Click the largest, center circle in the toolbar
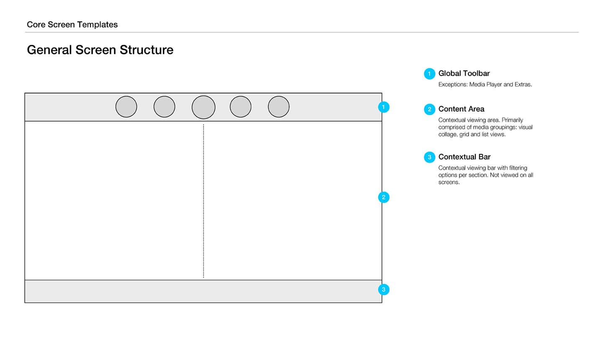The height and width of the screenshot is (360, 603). point(204,107)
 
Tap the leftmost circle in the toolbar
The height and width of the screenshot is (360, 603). point(126,107)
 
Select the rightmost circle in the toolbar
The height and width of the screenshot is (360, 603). point(278,107)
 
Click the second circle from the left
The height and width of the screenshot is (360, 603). point(164,107)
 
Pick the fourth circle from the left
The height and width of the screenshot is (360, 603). point(241,107)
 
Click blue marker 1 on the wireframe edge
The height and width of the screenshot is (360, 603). point(384,107)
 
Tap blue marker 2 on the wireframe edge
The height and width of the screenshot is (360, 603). point(384,197)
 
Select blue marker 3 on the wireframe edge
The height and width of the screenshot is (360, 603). point(384,290)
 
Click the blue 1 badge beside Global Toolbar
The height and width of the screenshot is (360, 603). point(429,74)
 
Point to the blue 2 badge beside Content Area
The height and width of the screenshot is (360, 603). point(429,109)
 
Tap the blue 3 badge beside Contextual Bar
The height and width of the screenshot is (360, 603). point(429,157)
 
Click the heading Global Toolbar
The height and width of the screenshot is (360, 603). point(464,73)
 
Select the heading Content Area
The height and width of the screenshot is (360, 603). point(461,109)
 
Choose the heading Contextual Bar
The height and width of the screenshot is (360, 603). point(464,157)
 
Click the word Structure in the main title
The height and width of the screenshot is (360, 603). point(147,50)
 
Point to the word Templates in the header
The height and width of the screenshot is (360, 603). point(97,25)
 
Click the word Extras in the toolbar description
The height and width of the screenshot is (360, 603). point(523,84)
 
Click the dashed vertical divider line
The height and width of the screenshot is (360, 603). point(204,201)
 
